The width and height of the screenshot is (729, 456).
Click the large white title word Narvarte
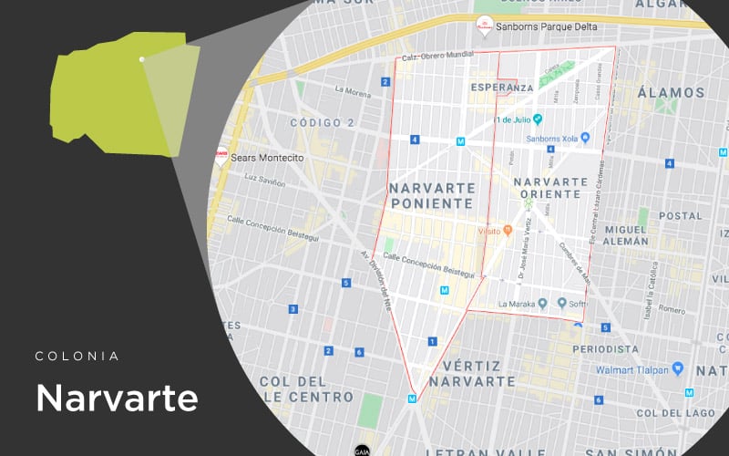[117, 398]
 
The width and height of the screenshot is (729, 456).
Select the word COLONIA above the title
[77, 356]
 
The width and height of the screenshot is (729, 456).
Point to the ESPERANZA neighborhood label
[501, 88]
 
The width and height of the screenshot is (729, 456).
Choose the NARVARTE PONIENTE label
[432, 195]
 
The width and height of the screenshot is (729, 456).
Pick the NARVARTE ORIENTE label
[550, 187]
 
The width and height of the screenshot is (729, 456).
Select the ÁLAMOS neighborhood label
[672, 93]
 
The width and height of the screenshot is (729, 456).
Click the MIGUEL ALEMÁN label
[626, 234]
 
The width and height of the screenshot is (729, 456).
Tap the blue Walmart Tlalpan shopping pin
[677, 368]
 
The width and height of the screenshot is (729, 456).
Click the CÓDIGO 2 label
[322, 123]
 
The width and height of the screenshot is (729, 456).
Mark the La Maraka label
[516, 304]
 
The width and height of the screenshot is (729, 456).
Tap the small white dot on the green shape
[141, 59]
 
